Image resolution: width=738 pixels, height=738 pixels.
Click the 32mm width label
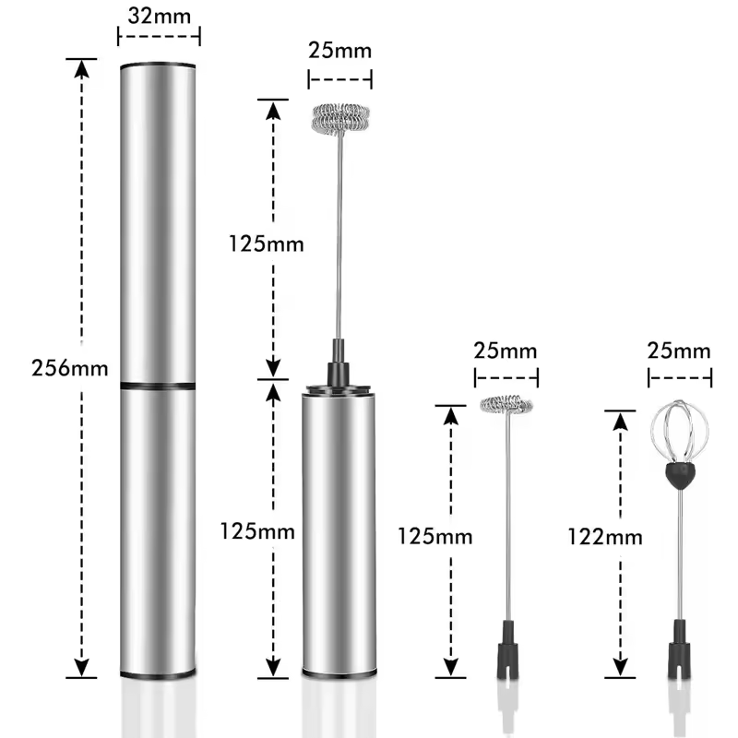pos(159,16)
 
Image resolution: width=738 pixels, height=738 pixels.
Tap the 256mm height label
pos(70,367)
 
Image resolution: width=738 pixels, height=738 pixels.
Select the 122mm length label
pos(605,537)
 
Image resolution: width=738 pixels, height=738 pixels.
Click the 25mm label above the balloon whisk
pos(679,351)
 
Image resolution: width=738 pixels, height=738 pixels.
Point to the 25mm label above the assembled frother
pos(339,51)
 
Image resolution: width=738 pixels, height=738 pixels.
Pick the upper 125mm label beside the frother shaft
pos(266,244)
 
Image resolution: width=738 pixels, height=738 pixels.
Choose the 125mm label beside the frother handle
pos(257,531)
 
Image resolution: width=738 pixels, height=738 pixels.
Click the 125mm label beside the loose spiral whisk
pos(434,536)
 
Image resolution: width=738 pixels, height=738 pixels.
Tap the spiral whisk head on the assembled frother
pos(340,118)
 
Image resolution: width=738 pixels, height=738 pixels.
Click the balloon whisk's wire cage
pos(680,431)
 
